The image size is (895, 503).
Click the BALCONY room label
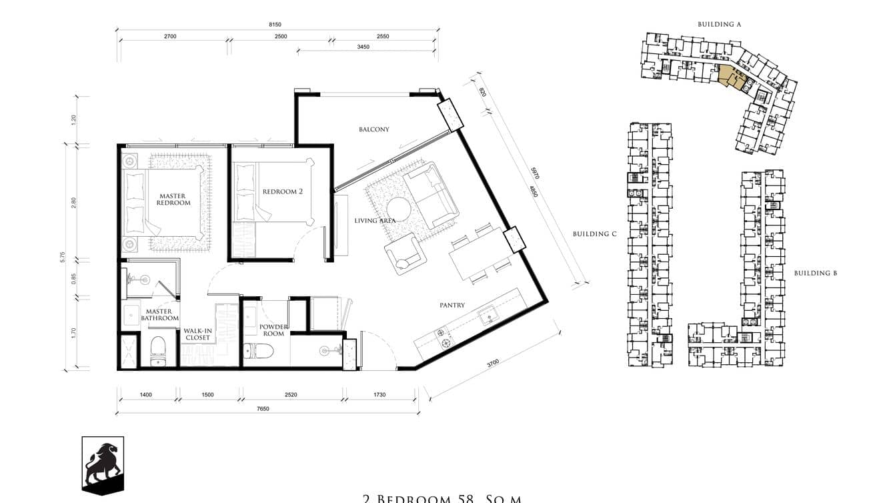click(373, 129)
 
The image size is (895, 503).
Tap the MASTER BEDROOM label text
click(173, 199)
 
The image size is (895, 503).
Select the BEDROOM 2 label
click(283, 191)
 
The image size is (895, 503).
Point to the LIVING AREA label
click(375, 221)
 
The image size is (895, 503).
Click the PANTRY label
click(452, 306)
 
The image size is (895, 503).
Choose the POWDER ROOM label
click(273, 330)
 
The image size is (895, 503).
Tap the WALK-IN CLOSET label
click(197, 334)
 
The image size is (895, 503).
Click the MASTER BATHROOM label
click(159, 315)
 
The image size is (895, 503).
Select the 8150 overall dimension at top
click(275, 25)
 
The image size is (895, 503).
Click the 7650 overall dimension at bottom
click(263, 409)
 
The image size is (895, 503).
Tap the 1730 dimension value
click(379, 395)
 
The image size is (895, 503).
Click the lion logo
click(103, 465)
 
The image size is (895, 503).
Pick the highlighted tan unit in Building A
click(730, 77)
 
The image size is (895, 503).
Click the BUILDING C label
click(591, 234)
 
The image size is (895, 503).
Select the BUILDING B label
click(815, 273)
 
